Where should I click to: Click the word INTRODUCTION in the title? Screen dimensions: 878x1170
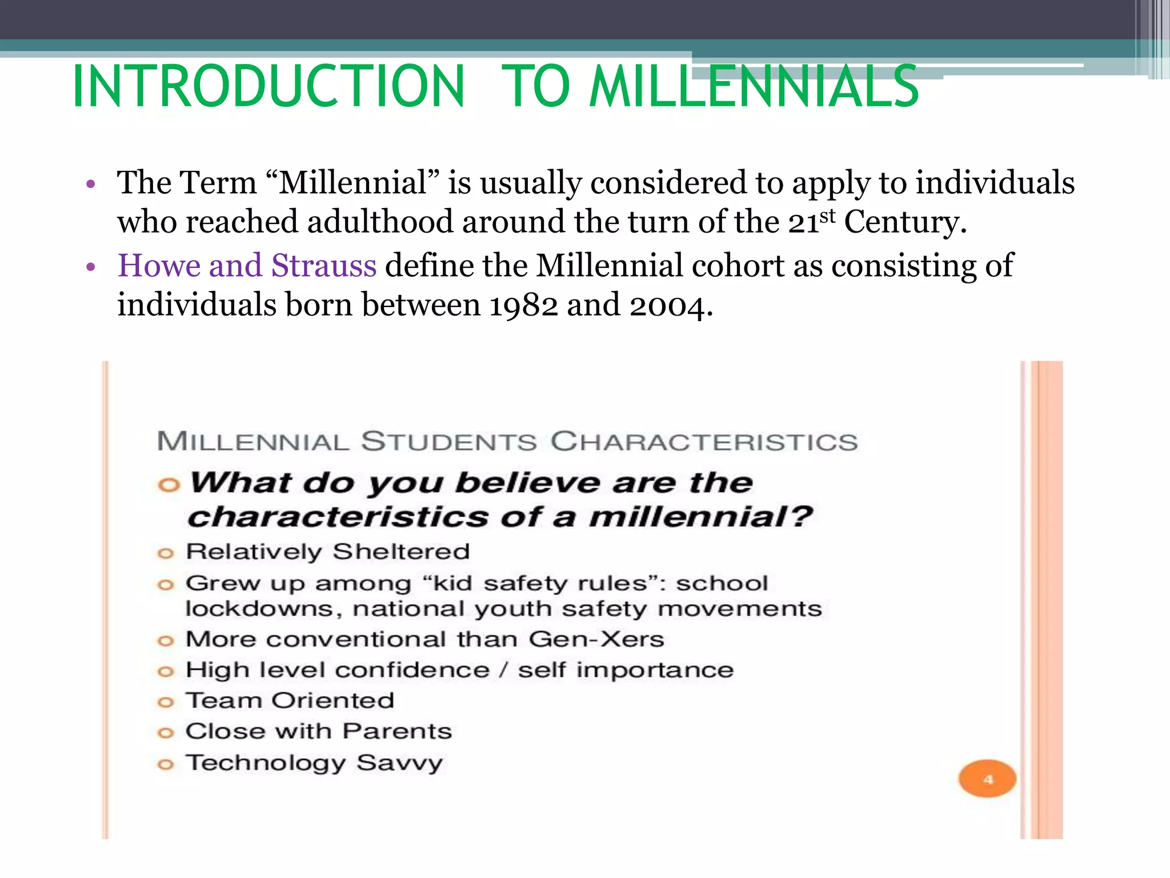coord(269,87)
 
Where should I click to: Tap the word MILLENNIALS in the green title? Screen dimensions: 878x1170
coord(754,87)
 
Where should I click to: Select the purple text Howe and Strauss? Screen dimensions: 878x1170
coord(247,266)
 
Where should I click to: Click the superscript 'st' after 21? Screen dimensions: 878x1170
coord(827,216)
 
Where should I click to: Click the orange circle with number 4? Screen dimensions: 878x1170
coord(987,779)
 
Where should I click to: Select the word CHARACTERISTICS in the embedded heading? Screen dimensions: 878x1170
coord(704,442)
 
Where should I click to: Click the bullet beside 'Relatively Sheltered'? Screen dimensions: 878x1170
coord(165,553)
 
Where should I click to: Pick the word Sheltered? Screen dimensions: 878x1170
coord(401,552)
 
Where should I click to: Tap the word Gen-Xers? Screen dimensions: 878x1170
coord(596,639)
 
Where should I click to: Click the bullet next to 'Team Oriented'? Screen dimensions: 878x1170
coord(165,702)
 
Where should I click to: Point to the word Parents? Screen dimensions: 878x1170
coord(397,731)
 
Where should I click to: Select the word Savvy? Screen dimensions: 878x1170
coord(400,763)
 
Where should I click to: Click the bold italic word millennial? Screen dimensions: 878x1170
coord(700,517)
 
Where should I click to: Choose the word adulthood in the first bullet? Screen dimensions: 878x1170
coord(380,222)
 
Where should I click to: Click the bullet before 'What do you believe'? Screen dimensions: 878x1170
coord(169,485)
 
